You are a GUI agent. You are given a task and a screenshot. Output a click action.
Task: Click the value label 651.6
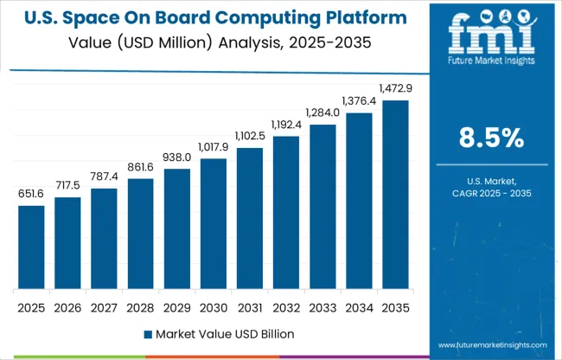(x=31, y=195)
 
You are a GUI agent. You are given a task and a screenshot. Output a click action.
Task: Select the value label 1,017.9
(x=213, y=148)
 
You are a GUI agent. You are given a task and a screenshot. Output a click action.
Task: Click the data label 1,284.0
(x=322, y=113)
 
